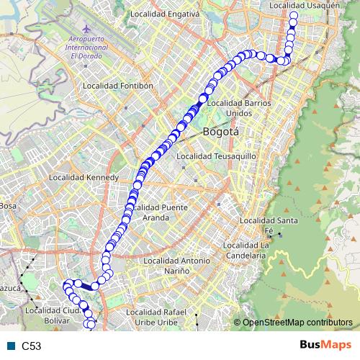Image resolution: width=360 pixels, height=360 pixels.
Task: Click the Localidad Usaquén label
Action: (303, 5)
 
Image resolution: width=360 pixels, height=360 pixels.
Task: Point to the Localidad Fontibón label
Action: (119, 85)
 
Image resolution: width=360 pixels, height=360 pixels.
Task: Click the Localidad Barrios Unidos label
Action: (239, 108)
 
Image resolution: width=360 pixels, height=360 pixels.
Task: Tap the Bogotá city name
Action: (220, 132)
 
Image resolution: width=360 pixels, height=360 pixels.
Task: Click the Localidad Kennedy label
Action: (78, 176)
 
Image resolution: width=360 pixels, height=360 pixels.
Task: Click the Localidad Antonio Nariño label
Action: (177, 265)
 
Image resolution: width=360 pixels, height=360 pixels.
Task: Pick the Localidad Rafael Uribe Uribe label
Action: (162, 317)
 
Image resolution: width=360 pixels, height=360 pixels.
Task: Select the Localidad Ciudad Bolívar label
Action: (51, 315)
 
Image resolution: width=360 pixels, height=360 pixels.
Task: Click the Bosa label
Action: (8, 206)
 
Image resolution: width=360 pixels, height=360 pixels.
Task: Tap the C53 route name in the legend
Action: (32, 346)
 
